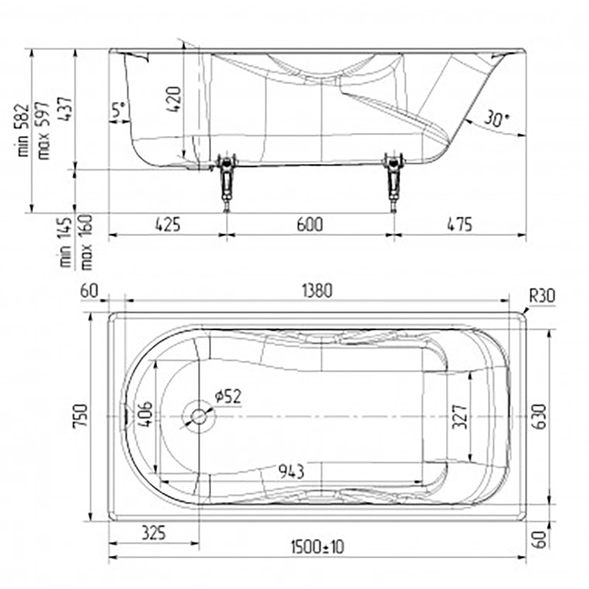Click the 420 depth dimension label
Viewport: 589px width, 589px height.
pos(173,99)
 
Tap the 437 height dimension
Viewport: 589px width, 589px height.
pos(65,109)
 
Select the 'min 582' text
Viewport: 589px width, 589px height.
pos(23,130)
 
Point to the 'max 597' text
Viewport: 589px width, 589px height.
pos(43,131)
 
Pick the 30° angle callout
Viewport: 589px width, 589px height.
pos(497,118)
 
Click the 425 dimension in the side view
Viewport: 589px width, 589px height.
pos(168,224)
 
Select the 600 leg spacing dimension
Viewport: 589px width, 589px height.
pos(310,224)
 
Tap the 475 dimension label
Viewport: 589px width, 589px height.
pos(459,224)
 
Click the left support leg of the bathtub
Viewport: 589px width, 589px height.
pos(226,181)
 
